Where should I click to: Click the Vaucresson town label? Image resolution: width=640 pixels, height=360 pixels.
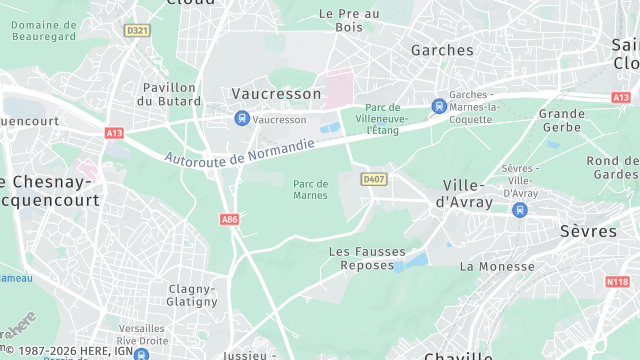click(x=276, y=94)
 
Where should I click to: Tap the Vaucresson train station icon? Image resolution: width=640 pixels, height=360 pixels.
click(x=241, y=119)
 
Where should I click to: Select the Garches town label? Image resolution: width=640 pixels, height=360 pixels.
click(x=442, y=50)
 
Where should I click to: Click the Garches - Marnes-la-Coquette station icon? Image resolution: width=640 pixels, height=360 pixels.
click(x=438, y=106)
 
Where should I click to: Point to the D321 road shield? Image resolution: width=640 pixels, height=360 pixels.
click(x=137, y=31)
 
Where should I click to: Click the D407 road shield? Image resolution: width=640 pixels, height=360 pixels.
click(x=374, y=179)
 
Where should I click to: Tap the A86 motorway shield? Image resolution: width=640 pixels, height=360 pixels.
click(x=229, y=218)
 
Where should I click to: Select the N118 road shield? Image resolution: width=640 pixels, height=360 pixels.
click(x=617, y=282)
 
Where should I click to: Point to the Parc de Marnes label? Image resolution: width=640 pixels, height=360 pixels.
click(x=312, y=189)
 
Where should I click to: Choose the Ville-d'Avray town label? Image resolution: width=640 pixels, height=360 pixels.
click(x=462, y=195)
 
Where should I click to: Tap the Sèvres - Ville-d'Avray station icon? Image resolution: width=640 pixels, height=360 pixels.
click(x=519, y=210)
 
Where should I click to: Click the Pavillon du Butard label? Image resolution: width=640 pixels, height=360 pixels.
click(x=169, y=94)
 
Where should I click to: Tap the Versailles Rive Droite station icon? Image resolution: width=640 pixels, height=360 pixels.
click(x=141, y=353)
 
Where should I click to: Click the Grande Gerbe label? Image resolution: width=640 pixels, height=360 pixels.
click(x=562, y=121)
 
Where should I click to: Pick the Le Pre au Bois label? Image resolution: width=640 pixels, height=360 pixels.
click(x=349, y=20)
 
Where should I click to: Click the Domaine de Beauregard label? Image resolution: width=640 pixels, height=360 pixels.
click(x=44, y=30)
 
